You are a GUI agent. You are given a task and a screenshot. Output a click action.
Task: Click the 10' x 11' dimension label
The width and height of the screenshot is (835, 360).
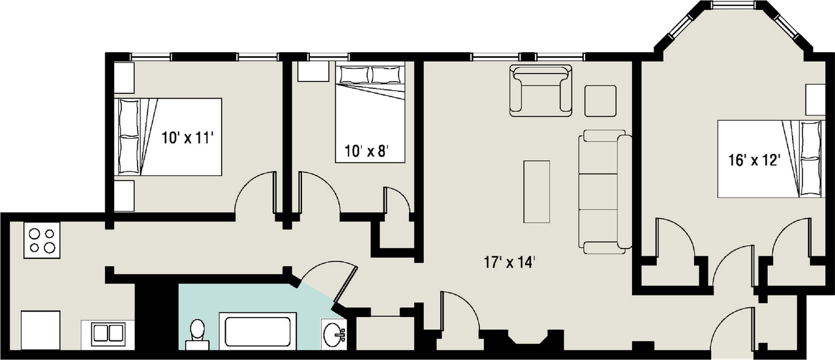pyautogui.click(x=187, y=138)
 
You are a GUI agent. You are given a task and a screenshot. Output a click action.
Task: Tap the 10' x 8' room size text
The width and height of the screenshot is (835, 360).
pyautogui.click(x=367, y=151)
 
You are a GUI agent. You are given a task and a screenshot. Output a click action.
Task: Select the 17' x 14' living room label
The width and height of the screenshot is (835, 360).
pyautogui.click(x=509, y=262)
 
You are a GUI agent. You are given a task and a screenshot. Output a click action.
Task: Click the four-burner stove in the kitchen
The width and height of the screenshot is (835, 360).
pyautogui.click(x=42, y=241)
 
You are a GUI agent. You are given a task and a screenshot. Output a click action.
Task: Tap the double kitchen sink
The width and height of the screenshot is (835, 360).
pyautogui.click(x=108, y=335)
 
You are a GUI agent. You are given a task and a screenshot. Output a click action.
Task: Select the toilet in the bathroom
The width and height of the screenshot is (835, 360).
pyautogui.click(x=197, y=335)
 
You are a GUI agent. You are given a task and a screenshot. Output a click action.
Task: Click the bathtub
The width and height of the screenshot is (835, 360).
pyautogui.click(x=258, y=331)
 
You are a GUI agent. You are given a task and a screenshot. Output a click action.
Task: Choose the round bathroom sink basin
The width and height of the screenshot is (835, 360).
pyautogui.click(x=333, y=335)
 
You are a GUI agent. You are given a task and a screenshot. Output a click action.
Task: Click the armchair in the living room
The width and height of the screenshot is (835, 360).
pyautogui.click(x=541, y=91)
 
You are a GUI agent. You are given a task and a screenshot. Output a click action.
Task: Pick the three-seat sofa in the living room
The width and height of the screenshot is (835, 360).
pyautogui.click(x=605, y=192)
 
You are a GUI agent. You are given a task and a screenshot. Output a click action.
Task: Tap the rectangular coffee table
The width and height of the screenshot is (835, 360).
pyautogui.click(x=536, y=192)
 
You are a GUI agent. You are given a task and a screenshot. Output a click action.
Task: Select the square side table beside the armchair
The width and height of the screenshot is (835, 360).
pyautogui.click(x=600, y=101)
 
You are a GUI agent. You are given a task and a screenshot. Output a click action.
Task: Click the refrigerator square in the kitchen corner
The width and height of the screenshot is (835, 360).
pyautogui.click(x=40, y=330)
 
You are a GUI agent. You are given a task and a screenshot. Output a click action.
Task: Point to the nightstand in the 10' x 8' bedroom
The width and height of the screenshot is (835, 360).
pyautogui.click(x=313, y=72)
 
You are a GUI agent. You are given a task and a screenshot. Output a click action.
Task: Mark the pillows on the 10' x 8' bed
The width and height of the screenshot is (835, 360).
pyautogui.click(x=370, y=75)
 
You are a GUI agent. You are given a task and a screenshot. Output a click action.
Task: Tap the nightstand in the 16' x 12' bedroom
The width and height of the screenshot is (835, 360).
pyautogui.click(x=815, y=100)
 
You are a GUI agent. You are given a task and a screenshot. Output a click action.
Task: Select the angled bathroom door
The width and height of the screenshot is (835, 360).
pyautogui.click(x=346, y=284)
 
